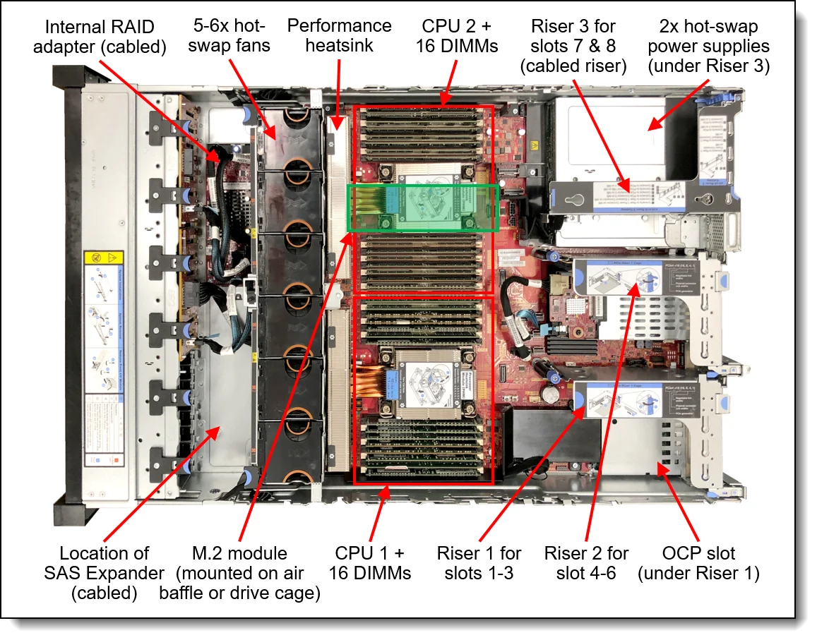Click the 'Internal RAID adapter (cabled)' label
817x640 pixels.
click(x=105, y=37)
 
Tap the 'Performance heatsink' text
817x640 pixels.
click(x=339, y=36)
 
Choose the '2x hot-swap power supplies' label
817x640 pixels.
click(x=708, y=47)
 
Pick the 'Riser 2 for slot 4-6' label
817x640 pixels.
click(x=586, y=562)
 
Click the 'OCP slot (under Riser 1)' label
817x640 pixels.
click(x=698, y=562)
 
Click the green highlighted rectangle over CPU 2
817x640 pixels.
click(x=423, y=207)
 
